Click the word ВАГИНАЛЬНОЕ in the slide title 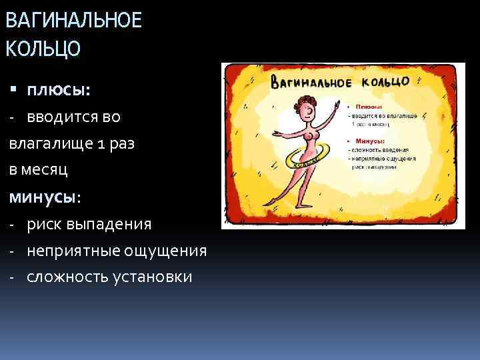pos(73,21)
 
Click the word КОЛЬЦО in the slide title pos(43,49)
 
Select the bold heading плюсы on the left pos(58,89)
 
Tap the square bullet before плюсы pos(14,90)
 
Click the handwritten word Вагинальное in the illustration pos(310,83)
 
